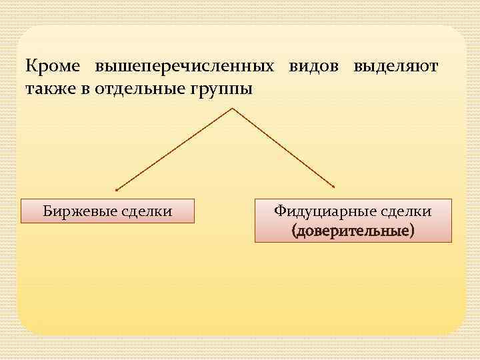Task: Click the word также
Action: [x=49, y=89]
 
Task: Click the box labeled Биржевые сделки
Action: [x=107, y=211]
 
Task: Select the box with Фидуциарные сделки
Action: [x=353, y=220]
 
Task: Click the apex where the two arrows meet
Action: [x=231, y=108]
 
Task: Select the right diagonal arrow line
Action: [x=283, y=147]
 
